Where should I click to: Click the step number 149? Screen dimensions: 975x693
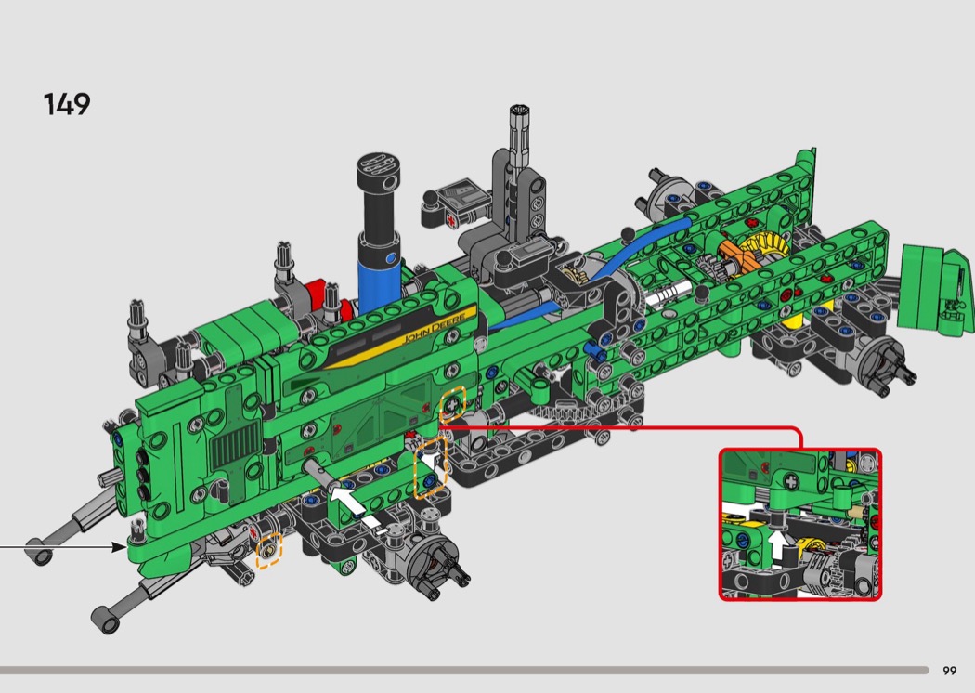(x=67, y=104)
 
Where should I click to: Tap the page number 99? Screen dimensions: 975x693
(x=950, y=671)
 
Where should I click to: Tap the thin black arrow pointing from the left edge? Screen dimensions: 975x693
(x=63, y=547)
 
